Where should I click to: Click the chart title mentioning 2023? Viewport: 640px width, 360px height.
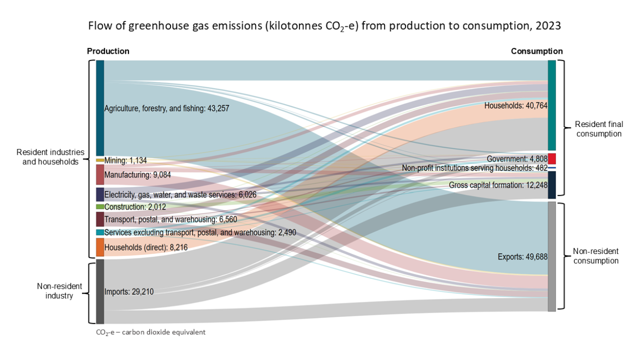tap(324, 26)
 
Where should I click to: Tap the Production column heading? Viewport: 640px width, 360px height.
tap(108, 51)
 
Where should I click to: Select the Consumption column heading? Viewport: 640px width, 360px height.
tap(536, 51)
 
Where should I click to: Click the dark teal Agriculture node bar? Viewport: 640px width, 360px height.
tap(100, 107)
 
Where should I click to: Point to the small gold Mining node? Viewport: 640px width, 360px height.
tap(100, 160)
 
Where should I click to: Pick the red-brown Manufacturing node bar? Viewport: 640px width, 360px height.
tap(100, 174)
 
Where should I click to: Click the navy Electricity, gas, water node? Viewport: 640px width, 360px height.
tap(100, 194)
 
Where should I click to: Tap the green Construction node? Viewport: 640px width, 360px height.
tap(100, 207)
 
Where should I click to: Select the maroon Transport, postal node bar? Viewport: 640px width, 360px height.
tap(100, 219)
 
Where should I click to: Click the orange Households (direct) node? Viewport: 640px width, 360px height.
tap(100, 247)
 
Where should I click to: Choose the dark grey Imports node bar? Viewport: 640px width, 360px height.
tap(100, 292)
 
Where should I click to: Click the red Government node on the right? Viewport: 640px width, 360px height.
tap(552, 159)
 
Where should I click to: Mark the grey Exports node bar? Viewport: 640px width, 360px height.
tap(552, 256)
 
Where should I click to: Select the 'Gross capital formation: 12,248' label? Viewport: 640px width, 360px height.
tap(498, 185)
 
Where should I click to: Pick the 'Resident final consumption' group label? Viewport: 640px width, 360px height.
tap(598, 129)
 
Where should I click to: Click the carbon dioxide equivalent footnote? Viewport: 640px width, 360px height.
tap(150, 332)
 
